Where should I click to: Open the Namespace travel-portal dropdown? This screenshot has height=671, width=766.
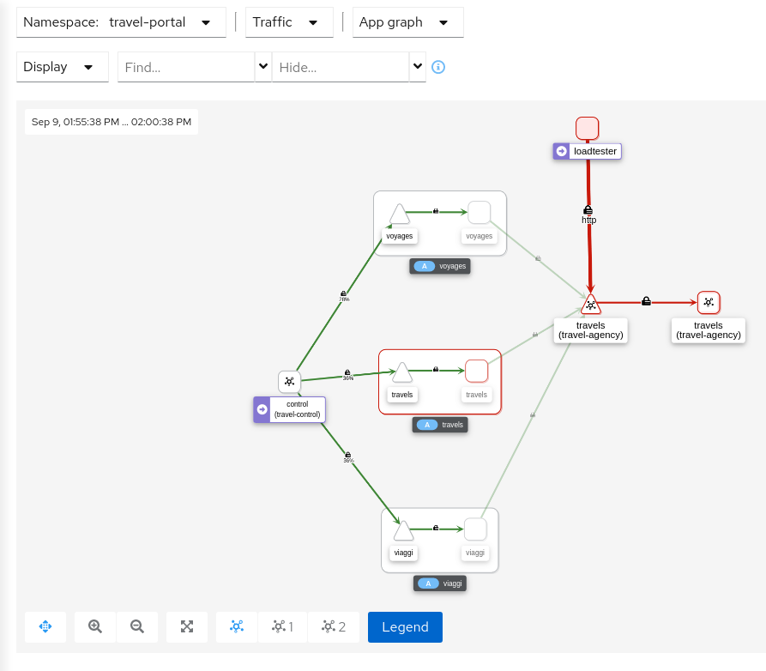click(121, 22)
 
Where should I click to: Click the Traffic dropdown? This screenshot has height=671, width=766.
click(289, 22)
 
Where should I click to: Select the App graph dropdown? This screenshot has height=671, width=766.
click(407, 22)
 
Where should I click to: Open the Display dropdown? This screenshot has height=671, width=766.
click(62, 67)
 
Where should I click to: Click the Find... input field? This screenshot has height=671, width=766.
click(186, 67)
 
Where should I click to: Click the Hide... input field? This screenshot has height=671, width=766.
click(341, 67)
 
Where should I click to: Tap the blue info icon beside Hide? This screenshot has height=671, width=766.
click(438, 67)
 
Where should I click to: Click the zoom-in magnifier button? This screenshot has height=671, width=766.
click(95, 626)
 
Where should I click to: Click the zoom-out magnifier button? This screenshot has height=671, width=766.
click(137, 626)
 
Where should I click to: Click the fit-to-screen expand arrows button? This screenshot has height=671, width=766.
click(187, 626)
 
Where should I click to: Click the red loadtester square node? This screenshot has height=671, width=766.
click(588, 128)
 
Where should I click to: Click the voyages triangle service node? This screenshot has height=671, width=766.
click(399, 215)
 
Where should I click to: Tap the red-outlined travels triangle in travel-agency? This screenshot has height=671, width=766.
click(590, 304)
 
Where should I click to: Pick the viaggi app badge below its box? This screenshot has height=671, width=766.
click(440, 583)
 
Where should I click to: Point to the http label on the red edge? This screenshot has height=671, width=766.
click(588, 220)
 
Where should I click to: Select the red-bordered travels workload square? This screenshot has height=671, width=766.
click(476, 371)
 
